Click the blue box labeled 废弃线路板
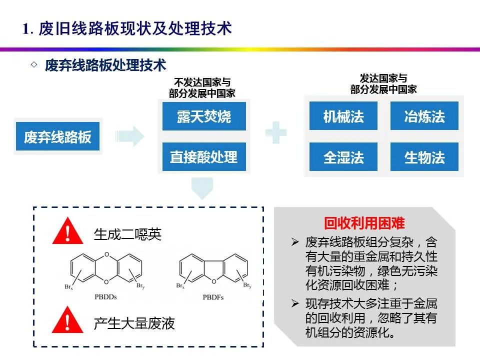58,137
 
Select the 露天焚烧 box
204,116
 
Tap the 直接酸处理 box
204,157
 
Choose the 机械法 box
343,116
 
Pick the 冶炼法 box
424,116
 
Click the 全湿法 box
343,157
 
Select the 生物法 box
424,157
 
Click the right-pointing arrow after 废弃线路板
129,136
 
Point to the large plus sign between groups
276,133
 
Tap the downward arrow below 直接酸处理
203,187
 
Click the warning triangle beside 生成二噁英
68,233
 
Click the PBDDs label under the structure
105,297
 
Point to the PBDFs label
214,297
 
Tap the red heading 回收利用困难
364,223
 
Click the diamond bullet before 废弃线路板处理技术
34,65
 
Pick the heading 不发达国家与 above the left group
202,82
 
